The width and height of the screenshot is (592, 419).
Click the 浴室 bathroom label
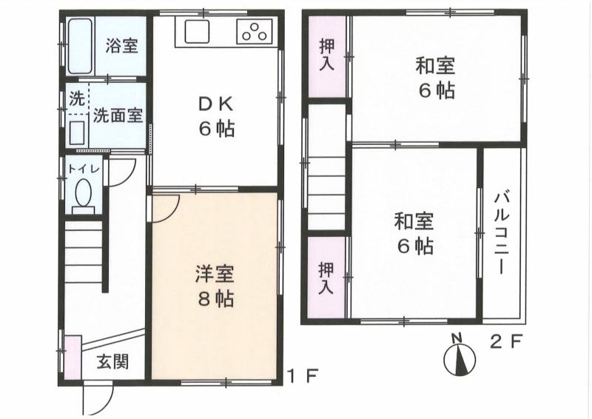tap(121, 46)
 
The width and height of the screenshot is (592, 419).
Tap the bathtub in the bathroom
tap(80, 46)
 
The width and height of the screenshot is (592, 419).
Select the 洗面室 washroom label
tap(118, 115)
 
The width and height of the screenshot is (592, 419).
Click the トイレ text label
tap(84, 170)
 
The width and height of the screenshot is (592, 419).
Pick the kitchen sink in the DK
tap(197, 32)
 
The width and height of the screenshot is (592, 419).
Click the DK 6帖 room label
tap(217, 117)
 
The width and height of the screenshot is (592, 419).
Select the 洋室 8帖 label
tap(215, 286)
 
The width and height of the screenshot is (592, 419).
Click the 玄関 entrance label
tap(112, 361)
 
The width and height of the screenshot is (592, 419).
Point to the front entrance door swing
tap(98, 399)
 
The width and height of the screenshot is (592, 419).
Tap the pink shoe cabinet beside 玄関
tap(73, 357)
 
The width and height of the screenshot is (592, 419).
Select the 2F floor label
tap(506, 343)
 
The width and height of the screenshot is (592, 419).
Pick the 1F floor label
tap(303, 375)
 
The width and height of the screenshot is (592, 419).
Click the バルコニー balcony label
tap(502, 233)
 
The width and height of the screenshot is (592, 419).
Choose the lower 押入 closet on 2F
tap(326, 278)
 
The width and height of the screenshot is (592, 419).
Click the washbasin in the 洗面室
tap(78, 133)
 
